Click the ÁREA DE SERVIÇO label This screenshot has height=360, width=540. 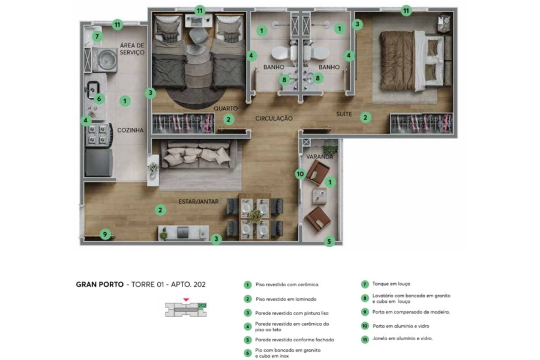coord(132,49)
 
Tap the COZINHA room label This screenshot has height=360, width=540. coord(130,130)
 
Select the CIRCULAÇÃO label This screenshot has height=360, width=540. coord(274,119)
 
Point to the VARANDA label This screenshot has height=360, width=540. coord(320,157)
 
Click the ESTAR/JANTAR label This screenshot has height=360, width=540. coord(199,202)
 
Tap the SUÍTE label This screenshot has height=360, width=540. coord(344,114)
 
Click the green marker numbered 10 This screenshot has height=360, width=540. coord(301,174)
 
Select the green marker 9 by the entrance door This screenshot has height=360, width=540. coord(105,234)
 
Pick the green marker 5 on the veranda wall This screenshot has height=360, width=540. coord(329,241)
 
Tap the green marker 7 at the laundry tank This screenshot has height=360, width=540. coord(97,36)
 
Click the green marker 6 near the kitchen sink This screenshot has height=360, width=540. coord(99,99)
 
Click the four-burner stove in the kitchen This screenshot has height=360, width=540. coord(99,134)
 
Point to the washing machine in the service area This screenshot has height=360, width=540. coord(104,59)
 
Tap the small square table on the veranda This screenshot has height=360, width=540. coord(320,196)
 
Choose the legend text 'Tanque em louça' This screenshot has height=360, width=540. coord(391,284)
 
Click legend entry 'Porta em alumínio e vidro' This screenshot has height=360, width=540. coord(401,326)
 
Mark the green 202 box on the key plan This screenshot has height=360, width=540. coord(202,305)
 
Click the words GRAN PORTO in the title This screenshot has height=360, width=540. coord(100,284)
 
